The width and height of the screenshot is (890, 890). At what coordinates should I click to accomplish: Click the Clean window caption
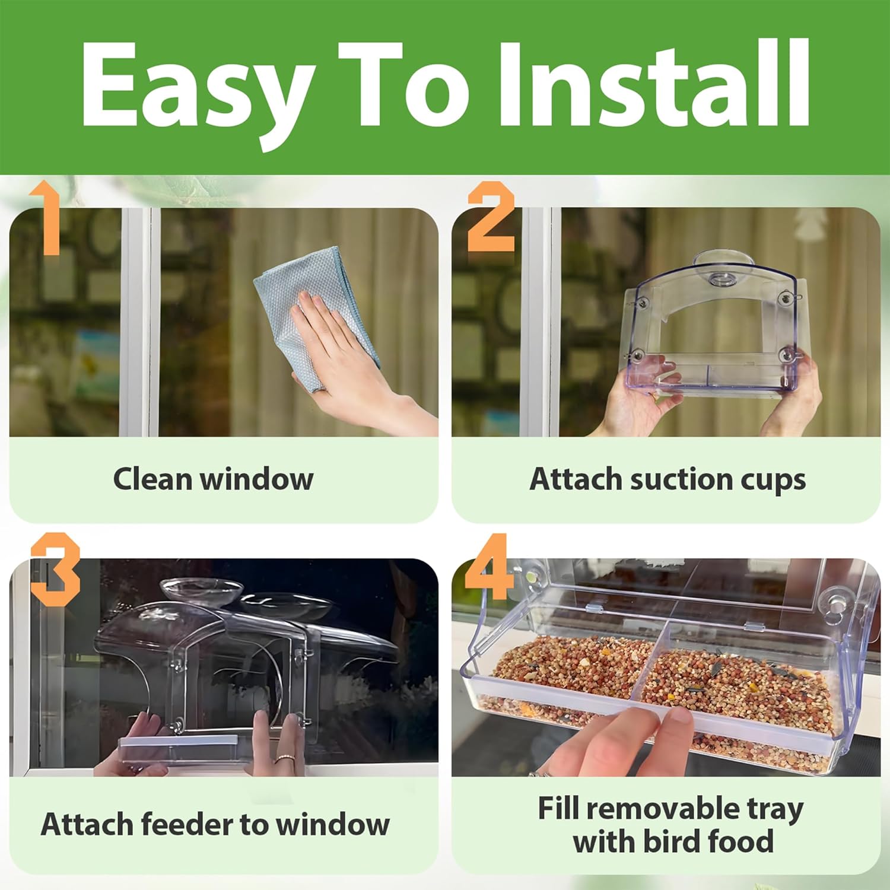tap(213, 479)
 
